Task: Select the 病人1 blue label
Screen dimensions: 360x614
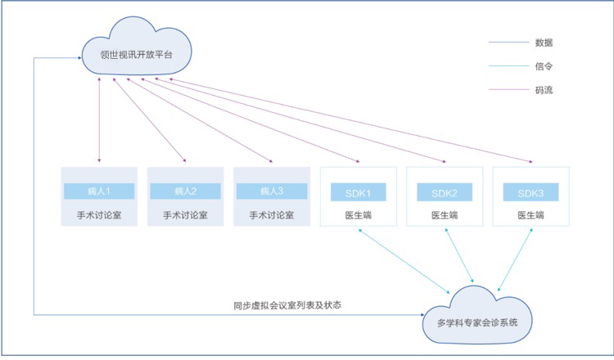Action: click(x=98, y=191)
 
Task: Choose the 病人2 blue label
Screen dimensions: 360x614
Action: click(x=185, y=191)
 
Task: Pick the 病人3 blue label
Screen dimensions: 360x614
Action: click(x=271, y=191)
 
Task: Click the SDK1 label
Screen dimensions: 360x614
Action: click(x=359, y=192)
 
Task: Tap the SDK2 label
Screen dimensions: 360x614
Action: click(x=445, y=192)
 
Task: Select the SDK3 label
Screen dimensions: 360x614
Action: click(x=530, y=192)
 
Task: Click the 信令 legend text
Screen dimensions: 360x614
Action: click(x=544, y=65)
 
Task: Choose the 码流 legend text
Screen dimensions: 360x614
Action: click(x=544, y=90)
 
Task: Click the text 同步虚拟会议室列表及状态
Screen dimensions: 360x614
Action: click(x=287, y=305)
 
